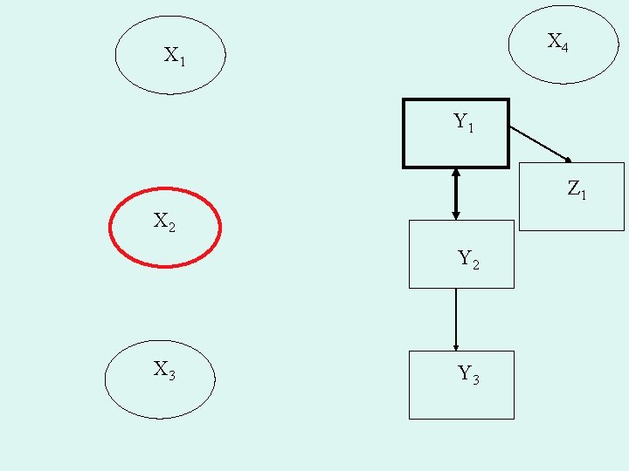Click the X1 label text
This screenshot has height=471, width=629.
click(x=174, y=57)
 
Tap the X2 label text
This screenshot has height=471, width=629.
click(x=164, y=222)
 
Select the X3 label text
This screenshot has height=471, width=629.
click(x=164, y=371)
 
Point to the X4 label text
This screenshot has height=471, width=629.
click(x=557, y=42)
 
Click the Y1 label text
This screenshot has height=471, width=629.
click(x=463, y=123)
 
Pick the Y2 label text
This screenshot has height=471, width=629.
click(x=468, y=259)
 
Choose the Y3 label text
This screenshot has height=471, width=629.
click(x=468, y=375)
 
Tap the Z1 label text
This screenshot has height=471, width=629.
click(x=577, y=188)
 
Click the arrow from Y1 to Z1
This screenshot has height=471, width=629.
click(x=538, y=143)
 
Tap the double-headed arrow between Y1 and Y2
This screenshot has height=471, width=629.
click(x=455, y=194)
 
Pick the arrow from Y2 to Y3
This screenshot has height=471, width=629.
click(x=455, y=318)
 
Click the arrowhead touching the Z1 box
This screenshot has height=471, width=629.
click(x=568, y=160)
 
